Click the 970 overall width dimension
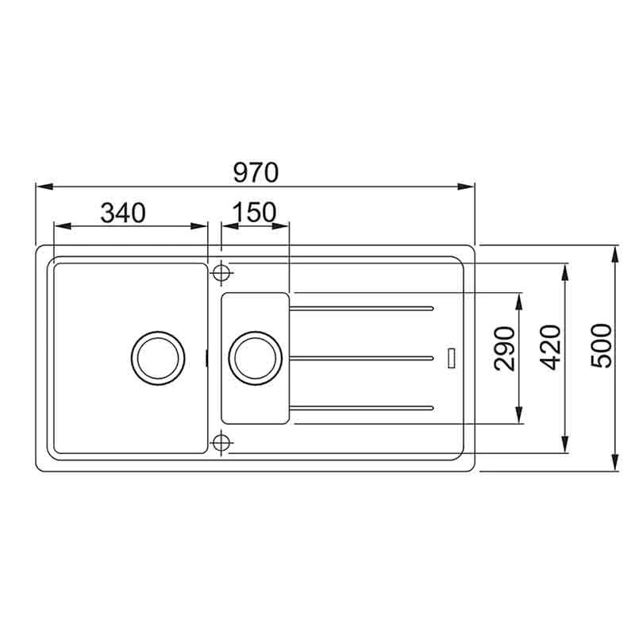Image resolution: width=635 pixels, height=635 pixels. click(x=256, y=172)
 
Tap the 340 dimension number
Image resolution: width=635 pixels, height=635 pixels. click(x=123, y=213)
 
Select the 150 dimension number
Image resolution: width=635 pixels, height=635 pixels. click(x=254, y=212)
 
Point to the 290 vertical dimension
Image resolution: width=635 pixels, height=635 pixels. click(x=505, y=348)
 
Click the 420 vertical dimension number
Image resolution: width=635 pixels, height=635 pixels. click(x=551, y=348)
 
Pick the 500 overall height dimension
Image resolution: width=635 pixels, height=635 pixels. click(x=601, y=346)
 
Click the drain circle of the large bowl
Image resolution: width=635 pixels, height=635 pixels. click(x=158, y=358)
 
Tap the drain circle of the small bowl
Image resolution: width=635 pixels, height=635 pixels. click(x=255, y=358)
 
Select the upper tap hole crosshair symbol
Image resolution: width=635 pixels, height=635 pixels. click(x=221, y=272)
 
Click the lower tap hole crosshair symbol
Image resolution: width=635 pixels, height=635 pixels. click(x=221, y=443)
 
